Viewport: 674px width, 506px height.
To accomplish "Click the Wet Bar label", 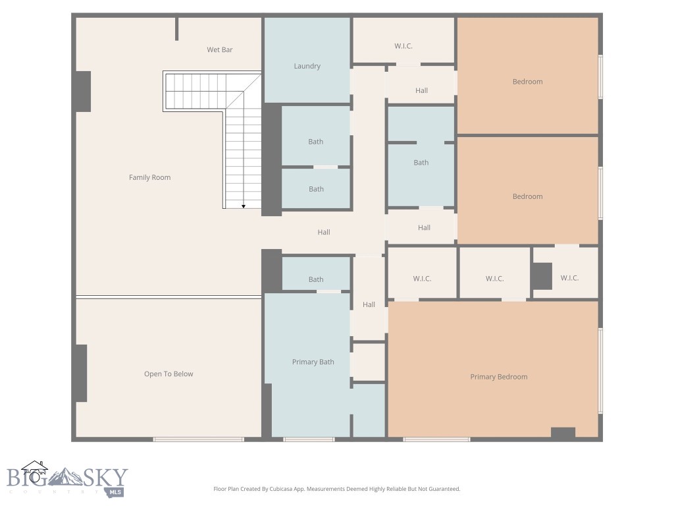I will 219,50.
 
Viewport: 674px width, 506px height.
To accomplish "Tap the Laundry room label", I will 307,66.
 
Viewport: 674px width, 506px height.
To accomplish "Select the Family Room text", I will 150,177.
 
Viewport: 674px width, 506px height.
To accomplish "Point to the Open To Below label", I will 168,374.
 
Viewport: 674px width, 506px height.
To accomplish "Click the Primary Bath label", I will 313,362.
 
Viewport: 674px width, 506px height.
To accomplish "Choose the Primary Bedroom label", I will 498,377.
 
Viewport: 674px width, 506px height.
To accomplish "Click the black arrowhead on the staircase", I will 244,206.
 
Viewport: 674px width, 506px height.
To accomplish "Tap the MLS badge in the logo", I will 116,492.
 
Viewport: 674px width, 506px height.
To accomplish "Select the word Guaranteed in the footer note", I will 442,489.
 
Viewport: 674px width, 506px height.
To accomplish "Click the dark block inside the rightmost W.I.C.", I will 542,276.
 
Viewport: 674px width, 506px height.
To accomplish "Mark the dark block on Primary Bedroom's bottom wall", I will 563,433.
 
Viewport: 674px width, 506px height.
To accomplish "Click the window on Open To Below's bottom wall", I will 198,439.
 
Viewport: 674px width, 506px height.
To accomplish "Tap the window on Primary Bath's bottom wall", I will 309,439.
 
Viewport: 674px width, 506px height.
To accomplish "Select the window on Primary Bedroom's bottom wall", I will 436,439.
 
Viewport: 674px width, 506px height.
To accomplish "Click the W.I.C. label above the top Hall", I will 403,46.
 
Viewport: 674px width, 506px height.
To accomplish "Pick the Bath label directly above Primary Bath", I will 316,279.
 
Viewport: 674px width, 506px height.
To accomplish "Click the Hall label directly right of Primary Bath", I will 369,304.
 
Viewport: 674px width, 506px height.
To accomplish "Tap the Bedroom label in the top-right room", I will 527,82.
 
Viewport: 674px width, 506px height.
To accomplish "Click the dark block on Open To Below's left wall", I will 80,373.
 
